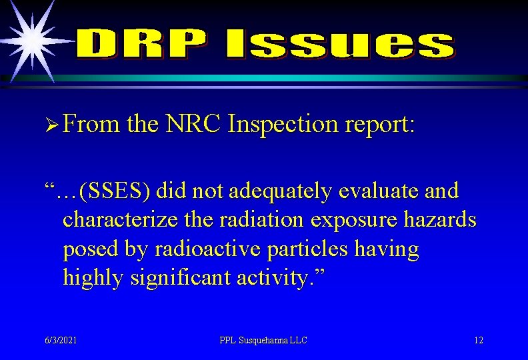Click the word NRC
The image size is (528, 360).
(x=193, y=124)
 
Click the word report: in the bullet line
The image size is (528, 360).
(x=379, y=125)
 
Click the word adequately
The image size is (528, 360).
(x=279, y=191)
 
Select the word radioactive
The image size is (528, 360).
(x=208, y=249)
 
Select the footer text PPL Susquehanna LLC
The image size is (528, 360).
(x=263, y=341)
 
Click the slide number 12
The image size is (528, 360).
(x=479, y=341)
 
